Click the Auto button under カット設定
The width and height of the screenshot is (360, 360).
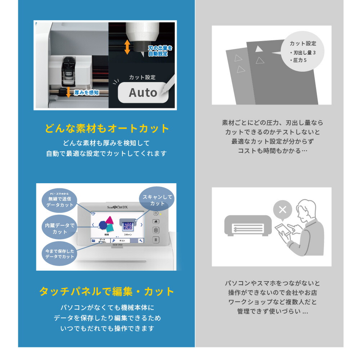tap(143, 93)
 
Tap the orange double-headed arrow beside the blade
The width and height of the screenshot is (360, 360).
tap(127, 47)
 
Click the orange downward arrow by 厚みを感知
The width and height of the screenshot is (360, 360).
tap(68, 93)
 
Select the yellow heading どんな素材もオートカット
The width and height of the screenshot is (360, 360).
tap(107, 129)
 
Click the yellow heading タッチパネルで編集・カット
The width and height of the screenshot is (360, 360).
tap(107, 291)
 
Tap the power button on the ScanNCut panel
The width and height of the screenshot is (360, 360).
tap(156, 213)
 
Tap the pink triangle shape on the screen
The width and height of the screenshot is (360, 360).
tap(109, 220)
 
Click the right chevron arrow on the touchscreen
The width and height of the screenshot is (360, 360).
tap(141, 225)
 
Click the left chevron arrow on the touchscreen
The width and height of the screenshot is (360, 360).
tap(93, 225)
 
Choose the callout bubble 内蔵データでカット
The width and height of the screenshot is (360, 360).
tap(59, 229)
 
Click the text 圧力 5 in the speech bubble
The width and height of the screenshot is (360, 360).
tap(298, 60)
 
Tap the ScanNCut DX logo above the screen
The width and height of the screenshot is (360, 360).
tap(117, 207)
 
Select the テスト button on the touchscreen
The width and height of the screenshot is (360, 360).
tap(122, 240)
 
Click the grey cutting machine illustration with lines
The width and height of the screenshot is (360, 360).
tap(248, 226)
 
